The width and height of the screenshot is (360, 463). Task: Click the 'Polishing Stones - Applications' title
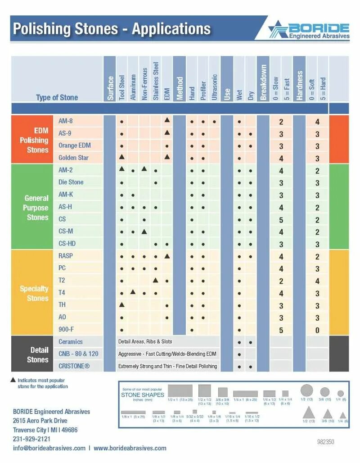(112, 29)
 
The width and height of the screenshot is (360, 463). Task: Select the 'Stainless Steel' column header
(156, 82)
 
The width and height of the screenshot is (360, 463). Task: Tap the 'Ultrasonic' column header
(214, 86)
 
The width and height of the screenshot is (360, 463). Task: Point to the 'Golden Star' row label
(73, 158)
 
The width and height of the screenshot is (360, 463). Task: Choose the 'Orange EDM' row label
(74, 145)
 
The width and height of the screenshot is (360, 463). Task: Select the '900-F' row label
(67, 329)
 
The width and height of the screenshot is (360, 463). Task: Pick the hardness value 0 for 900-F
(317, 330)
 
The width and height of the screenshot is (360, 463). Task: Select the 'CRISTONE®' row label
(74, 366)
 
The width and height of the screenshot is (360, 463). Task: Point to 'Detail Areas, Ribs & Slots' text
(145, 341)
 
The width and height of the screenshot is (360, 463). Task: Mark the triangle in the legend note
(13, 380)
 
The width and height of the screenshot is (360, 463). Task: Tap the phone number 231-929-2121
(31, 439)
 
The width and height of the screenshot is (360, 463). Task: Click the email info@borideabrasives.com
(49, 448)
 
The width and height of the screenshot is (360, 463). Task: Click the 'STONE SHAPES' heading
(143, 395)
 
